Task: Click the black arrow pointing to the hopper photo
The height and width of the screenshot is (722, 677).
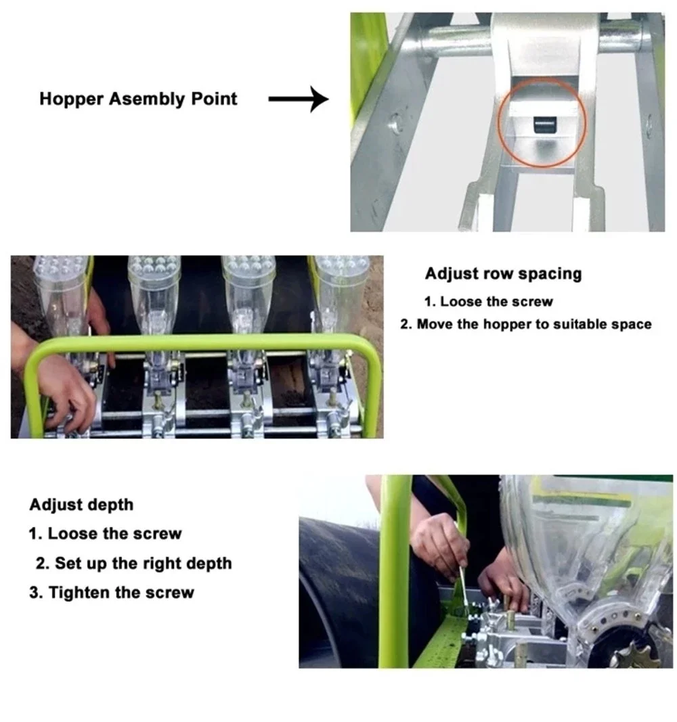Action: click(x=299, y=99)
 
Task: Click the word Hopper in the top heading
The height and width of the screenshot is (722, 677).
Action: click(x=71, y=99)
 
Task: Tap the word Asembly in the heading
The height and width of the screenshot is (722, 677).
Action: click(x=147, y=99)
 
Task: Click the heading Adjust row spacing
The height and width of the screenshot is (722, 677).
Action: click(x=504, y=273)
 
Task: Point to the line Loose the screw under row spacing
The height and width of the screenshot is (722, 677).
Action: click(x=488, y=302)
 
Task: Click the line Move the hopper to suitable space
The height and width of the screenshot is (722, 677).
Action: click(x=525, y=324)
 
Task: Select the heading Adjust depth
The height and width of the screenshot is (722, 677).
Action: click(x=81, y=505)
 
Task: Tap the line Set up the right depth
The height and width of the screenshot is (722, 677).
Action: click(x=133, y=563)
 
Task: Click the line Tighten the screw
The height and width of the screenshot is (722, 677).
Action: click(x=112, y=593)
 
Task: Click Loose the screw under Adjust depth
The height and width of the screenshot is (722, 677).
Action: click(x=105, y=534)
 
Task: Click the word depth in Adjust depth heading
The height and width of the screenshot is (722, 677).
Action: click(x=112, y=505)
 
